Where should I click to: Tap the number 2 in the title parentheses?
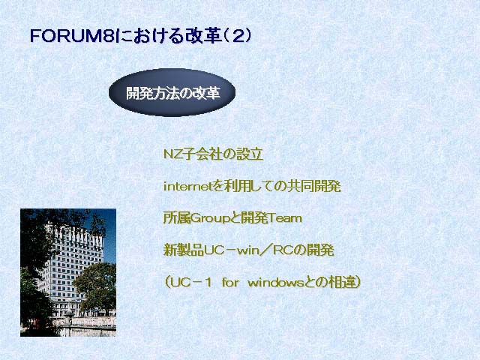(237, 36)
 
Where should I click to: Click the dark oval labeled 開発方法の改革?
(172, 92)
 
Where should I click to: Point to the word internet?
(188, 186)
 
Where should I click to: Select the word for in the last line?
(230, 283)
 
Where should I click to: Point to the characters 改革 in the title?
(203, 36)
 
